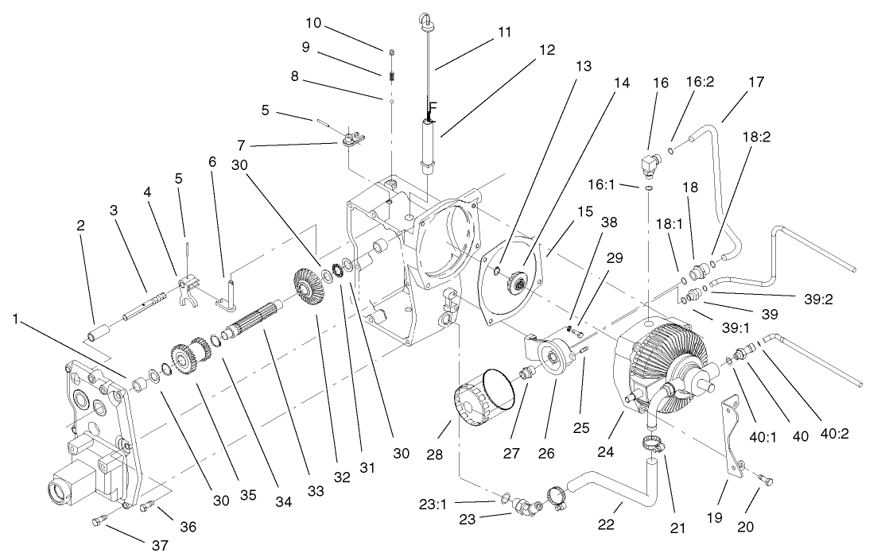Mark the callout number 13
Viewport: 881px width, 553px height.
(x=584, y=67)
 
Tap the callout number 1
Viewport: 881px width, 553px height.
(x=15, y=319)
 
